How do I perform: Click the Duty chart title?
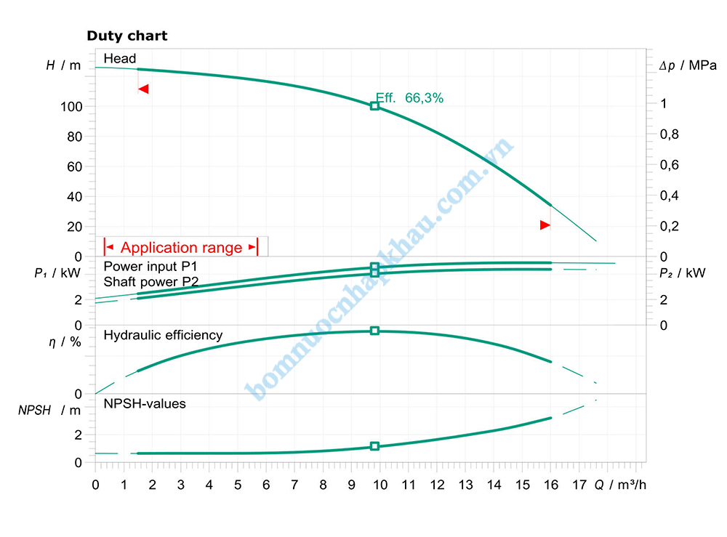127,36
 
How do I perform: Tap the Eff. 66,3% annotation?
409,98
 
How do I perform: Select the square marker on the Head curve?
374,106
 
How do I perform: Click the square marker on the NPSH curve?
374,446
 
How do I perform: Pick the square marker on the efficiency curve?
374,331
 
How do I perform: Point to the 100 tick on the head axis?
76,107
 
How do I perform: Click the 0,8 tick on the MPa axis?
669,134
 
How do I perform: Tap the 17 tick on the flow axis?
579,485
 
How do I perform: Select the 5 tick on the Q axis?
238,485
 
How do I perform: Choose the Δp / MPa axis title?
687,66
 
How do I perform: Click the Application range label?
181,248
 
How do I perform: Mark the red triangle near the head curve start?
143,89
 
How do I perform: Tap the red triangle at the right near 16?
545,225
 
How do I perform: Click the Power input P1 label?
150,267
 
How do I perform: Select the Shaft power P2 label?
150,281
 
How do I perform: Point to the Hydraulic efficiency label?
163,335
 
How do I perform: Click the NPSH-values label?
145,403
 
